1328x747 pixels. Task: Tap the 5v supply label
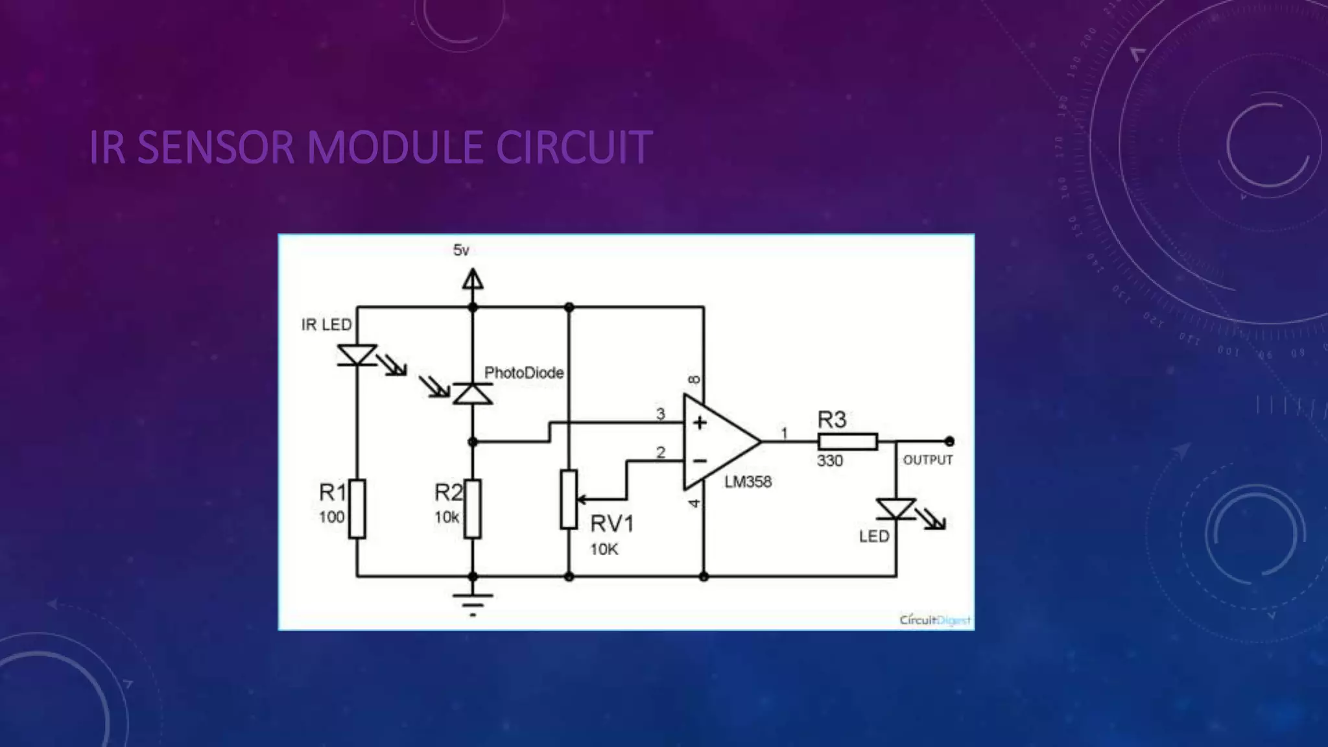461,250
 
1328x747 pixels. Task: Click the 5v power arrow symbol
473,280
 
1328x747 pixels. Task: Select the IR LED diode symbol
357,355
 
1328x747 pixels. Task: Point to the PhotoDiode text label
524,373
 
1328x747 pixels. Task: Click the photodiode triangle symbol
473,394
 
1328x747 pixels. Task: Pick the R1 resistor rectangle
357,509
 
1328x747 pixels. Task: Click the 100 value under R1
331,517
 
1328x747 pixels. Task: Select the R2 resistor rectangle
473,509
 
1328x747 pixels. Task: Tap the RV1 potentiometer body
569,499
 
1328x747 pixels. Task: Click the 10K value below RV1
604,550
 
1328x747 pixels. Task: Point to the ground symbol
473,600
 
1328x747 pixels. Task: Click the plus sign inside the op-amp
700,423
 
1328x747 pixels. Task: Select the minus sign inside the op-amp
700,461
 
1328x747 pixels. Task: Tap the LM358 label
748,482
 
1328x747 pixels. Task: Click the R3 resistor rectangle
848,442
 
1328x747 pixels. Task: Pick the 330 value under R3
830,461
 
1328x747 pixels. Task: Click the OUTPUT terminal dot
949,442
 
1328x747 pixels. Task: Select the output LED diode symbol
896,509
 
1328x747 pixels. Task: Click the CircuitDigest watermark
934,620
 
